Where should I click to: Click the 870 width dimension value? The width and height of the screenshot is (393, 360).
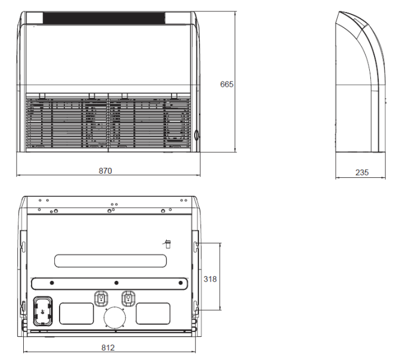(x=105, y=171)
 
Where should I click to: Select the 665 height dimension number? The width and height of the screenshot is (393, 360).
(x=227, y=84)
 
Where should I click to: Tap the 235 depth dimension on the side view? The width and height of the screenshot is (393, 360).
(x=361, y=173)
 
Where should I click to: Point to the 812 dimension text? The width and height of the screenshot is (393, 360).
(x=108, y=348)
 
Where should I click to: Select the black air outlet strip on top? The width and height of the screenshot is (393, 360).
(x=108, y=18)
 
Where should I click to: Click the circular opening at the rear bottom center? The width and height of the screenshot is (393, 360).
(x=116, y=318)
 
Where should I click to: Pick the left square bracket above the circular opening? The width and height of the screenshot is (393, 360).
(x=101, y=297)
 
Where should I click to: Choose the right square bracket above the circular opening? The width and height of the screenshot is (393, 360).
(x=127, y=297)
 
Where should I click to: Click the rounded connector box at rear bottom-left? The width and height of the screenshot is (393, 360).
(x=42, y=311)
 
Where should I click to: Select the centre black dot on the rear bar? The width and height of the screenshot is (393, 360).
(x=117, y=282)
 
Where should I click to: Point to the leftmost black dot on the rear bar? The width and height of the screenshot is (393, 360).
(x=52, y=282)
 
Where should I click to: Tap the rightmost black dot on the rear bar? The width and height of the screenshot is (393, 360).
(x=179, y=282)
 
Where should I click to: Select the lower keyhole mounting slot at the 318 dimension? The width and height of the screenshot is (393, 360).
(x=197, y=308)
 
